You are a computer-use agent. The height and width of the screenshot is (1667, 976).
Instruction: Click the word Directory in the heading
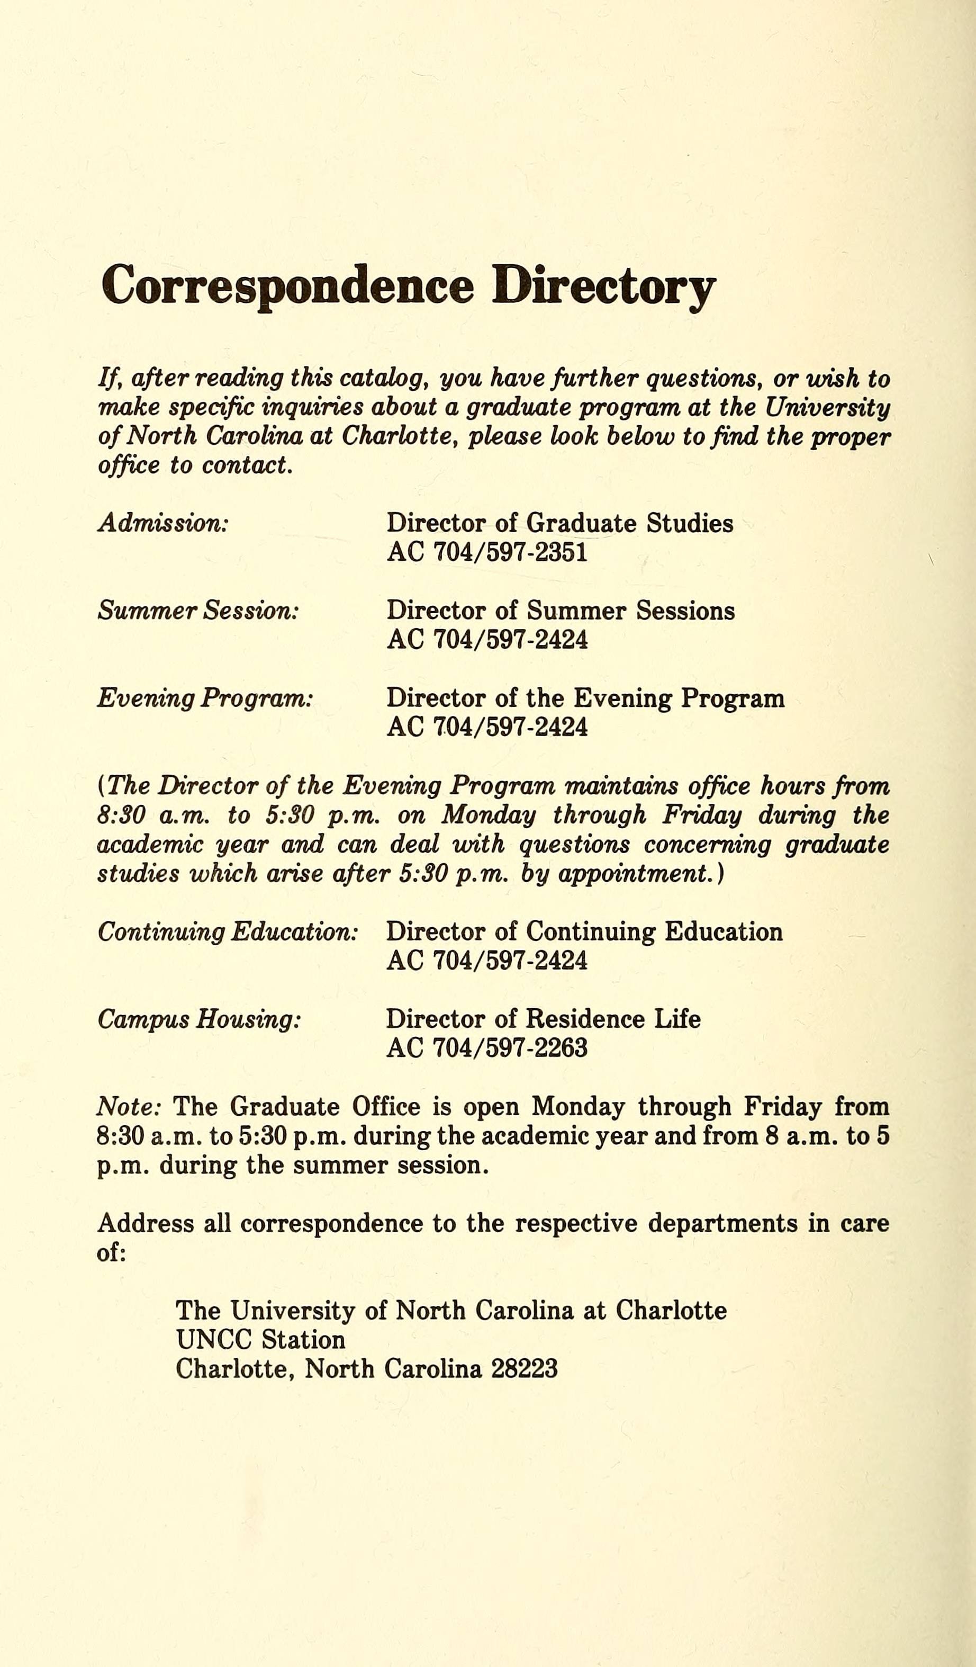[603, 286]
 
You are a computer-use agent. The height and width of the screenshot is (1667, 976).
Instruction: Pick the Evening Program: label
[204, 698]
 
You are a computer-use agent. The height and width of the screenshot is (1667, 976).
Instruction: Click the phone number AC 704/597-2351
[487, 552]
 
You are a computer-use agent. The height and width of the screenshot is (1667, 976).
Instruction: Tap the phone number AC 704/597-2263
[487, 1048]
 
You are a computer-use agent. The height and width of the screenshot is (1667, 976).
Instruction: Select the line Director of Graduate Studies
[559, 523]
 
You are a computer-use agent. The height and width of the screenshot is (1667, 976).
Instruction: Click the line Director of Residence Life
[543, 1019]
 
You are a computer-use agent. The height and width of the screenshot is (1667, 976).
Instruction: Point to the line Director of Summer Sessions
[560, 611]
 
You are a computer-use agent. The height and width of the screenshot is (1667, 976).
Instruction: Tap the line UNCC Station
[260, 1340]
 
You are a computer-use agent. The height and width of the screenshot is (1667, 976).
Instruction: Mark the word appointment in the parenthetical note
[634, 874]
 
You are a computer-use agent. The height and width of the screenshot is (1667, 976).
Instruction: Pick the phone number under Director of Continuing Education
[487, 961]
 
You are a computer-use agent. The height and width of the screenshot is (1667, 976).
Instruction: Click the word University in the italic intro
[827, 408]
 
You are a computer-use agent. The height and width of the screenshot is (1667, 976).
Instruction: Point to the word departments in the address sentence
[722, 1223]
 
